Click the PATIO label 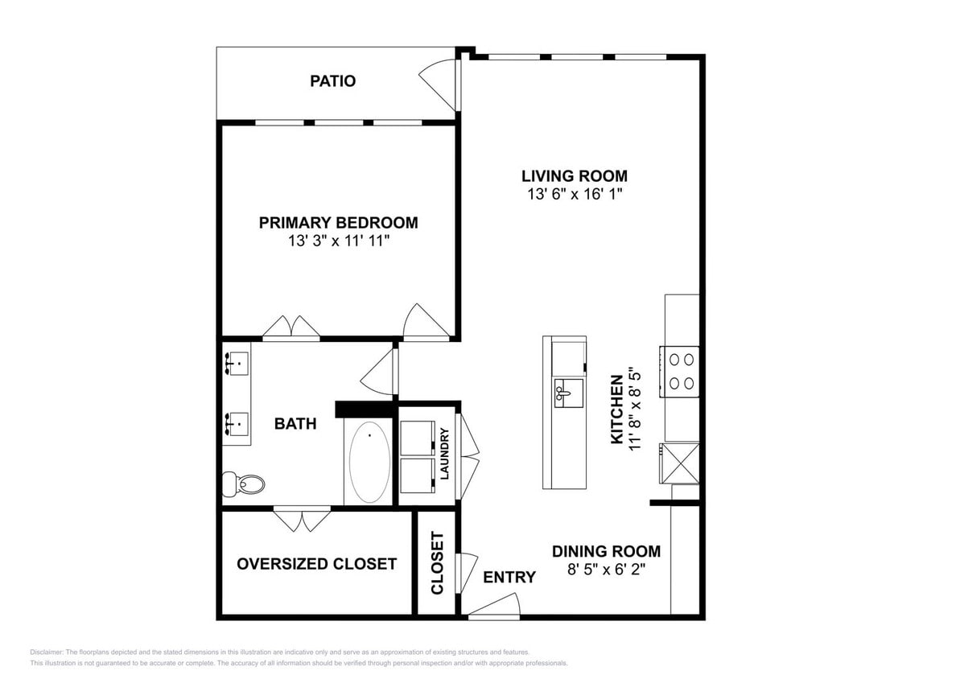332,81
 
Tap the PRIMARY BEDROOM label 338,223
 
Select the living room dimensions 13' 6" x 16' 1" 574,195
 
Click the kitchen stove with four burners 681,371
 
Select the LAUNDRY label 443,453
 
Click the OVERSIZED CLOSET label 316,564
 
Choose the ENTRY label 509,577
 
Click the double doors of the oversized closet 302,519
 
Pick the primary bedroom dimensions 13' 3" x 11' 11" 338,241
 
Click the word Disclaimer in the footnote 47,652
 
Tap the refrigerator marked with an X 678,462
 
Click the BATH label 295,424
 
